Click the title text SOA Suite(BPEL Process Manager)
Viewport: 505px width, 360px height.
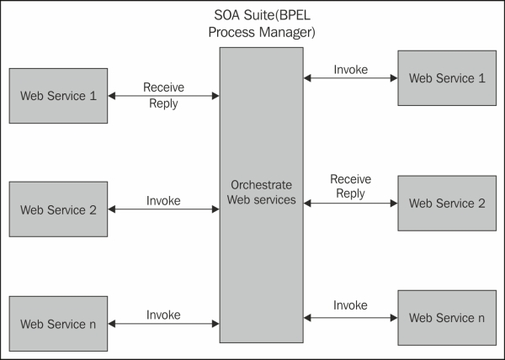261,25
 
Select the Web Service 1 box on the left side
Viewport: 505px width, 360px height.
58,95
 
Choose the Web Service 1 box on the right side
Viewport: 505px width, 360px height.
446,78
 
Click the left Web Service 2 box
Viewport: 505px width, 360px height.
58,209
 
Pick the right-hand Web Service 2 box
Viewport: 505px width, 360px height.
446,204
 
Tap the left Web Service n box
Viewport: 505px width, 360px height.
58,323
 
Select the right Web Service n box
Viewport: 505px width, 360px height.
446,317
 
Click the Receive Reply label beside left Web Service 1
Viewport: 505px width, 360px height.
163,95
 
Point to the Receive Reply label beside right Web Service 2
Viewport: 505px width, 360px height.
350,187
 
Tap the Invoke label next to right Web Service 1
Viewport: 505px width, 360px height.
350,69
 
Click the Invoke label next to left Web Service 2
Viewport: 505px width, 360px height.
163,201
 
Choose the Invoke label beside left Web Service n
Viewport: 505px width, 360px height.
163,315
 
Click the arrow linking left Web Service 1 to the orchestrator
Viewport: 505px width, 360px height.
163,96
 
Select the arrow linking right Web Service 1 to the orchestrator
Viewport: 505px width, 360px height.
350,78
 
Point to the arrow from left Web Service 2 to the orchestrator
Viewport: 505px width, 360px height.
163,209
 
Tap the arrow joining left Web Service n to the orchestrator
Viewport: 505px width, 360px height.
163,323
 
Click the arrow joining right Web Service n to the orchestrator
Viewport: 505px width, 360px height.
350,317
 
